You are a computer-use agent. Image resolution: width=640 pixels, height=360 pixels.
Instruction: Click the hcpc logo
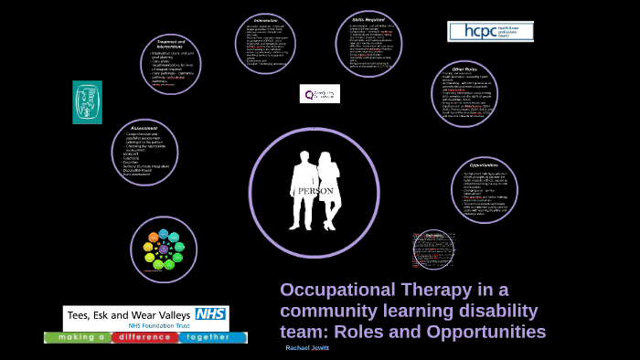pyautogui.click(x=490, y=31)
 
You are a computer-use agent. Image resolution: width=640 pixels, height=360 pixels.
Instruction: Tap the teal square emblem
pyautogui.click(x=88, y=101)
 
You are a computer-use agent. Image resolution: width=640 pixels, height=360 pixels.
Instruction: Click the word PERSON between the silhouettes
pyautogui.click(x=313, y=189)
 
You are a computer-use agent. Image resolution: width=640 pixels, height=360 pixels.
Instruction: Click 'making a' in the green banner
pyautogui.click(x=78, y=337)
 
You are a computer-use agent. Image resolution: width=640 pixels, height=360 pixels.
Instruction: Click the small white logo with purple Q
pyautogui.click(x=319, y=93)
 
